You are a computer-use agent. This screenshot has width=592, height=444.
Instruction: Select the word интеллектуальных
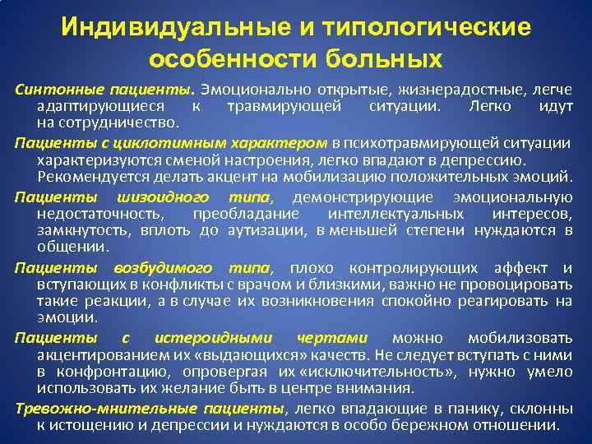tap(415, 214)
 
